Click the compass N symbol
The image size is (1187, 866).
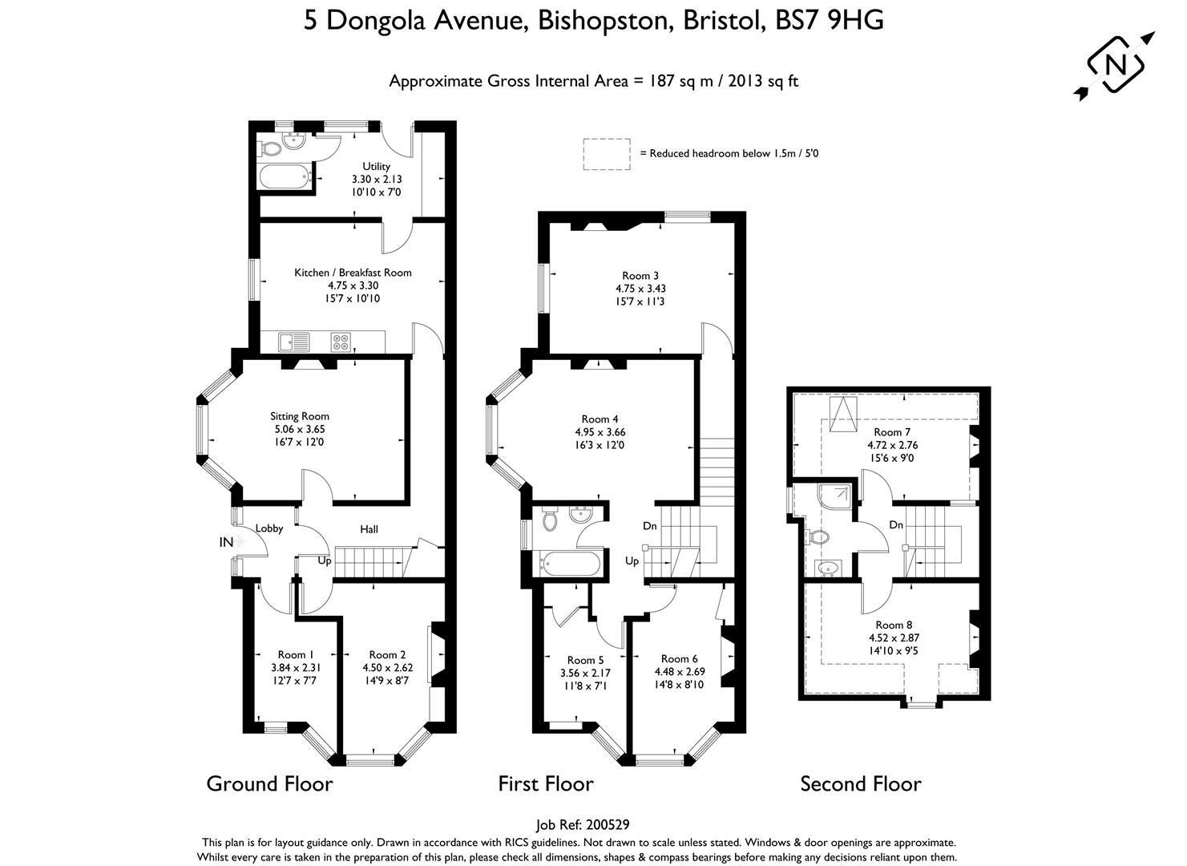(1114, 65)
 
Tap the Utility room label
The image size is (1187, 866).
(376, 167)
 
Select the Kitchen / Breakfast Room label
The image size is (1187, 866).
(353, 273)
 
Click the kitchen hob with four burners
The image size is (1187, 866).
(341, 342)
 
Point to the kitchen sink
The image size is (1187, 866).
(294, 342)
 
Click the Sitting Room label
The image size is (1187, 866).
(299, 416)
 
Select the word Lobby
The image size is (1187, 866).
(269, 528)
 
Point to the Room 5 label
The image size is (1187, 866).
(585, 661)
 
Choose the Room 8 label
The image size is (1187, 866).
(893, 625)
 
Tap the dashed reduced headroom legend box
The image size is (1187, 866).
(606, 154)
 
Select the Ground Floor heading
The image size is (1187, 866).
(269, 783)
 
